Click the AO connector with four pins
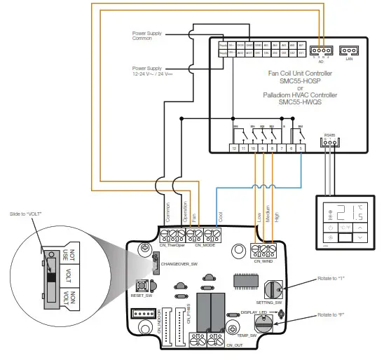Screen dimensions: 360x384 pos(320,50)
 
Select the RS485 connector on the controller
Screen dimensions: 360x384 pos(329,143)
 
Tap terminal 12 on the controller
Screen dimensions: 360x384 pos(233,148)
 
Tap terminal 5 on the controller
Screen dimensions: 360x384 pos(301,148)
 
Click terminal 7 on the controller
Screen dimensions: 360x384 pos(282,148)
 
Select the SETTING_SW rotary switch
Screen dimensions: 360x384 pos(273,286)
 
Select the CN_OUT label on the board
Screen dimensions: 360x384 pos(234,345)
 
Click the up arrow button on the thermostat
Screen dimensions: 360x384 pos(360,229)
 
